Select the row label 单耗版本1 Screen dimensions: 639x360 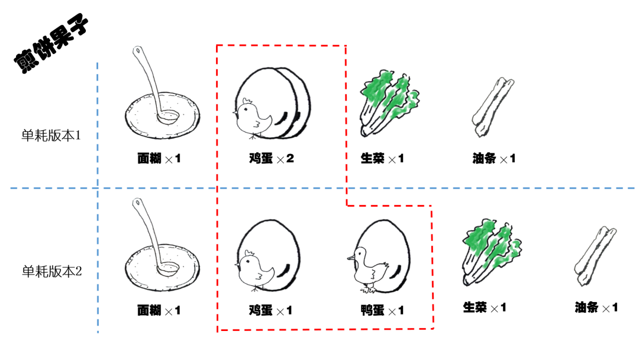51,136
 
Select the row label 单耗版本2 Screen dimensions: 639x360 51,271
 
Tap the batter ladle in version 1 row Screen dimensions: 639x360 156,86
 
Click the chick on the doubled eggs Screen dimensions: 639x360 251,118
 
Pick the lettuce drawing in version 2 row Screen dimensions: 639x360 491,252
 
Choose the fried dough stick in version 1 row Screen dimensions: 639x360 492,107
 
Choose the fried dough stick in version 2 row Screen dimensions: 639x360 595,256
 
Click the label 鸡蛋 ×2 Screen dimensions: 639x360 272,158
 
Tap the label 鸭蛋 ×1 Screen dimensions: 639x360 382,311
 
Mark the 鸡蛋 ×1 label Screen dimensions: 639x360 270,311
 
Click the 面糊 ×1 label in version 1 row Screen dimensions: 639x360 159,158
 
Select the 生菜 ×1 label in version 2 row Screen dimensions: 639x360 485,307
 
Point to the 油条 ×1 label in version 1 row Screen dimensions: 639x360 494,158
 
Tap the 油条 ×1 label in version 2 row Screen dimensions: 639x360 596,307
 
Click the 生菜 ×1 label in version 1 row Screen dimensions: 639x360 382,158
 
